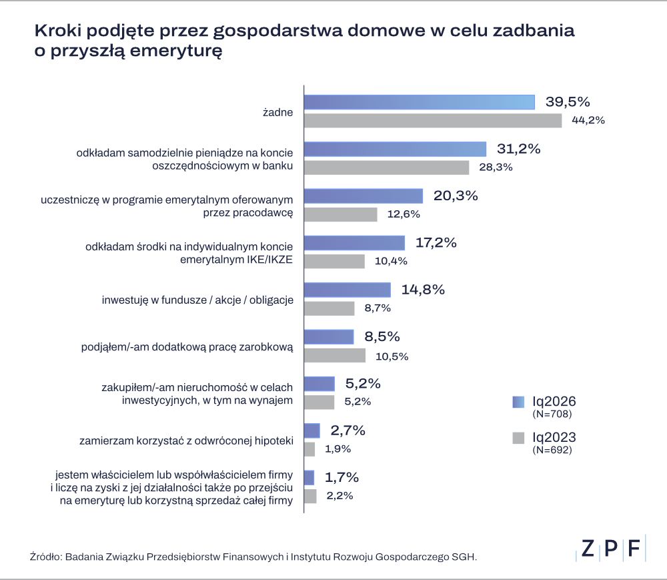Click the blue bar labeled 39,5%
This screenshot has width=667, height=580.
click(x=420, y=101)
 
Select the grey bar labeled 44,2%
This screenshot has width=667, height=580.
click(x=433, y=121)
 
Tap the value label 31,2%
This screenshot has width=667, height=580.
click(x=518, y=149)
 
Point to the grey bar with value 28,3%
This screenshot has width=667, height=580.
click(x=387, y=168)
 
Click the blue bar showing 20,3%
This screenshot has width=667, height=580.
click(x=364, y=196)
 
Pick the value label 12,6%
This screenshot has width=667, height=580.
click(x=404, y=214)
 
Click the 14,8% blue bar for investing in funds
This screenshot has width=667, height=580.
click(x=348, y=290)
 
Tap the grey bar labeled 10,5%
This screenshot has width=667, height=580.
click(x=335, y=355)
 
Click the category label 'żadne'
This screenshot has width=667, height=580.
click(x=278, y=113)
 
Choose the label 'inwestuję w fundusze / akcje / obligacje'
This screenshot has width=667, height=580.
click(x=197, y=300)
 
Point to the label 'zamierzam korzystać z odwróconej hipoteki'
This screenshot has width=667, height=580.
click(x=186, y=441)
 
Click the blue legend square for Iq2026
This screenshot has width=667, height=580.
click(x=518, y=402)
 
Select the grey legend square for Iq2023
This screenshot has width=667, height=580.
click(x=518, y=438)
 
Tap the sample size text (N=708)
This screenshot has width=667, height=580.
click(x=552, y=414)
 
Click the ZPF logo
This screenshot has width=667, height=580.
click(x=611, y=548)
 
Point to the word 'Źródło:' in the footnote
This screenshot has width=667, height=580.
click(x=44, y=556)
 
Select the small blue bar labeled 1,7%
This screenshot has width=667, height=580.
click(x=309, y=477)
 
